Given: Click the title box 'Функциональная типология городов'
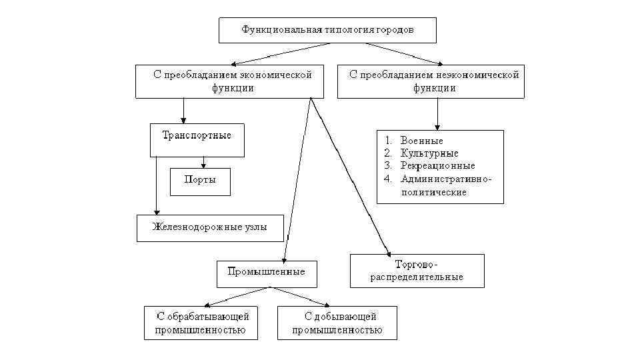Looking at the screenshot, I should coord(327,30).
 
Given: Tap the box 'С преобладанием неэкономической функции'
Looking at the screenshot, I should coord(431,81).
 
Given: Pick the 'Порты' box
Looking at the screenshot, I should coord(200,181).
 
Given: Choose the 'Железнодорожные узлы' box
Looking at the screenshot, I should coord(210,227).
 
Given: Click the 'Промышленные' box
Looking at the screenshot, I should coord(267,272).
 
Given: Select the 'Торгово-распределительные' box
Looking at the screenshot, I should coord(417,271).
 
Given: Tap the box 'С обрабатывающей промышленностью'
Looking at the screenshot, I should coord(201,323).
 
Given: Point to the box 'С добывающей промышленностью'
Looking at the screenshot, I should coord(337,323).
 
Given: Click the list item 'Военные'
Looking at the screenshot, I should coord(421,141).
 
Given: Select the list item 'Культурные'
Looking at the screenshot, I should coord(425,153).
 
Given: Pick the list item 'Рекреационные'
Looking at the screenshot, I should coord(437,166).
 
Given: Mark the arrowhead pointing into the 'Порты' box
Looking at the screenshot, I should coord(203,165).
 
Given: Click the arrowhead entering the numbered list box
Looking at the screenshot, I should coord(437,127).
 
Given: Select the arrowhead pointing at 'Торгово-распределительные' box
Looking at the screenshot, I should coord(389,251).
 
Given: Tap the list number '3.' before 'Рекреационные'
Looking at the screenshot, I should coord(389,166).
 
